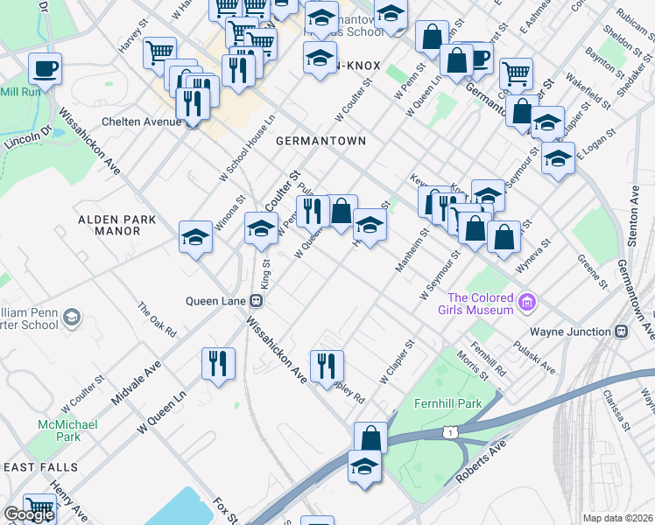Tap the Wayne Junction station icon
tap(623, 332)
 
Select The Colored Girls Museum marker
tap(527, 304)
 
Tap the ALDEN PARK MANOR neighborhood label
tap(108, 225)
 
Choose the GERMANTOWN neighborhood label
tap(320, 140)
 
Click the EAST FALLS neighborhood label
tap(40, 467)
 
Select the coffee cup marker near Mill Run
tap(45, 67)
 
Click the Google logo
tap(29, 514)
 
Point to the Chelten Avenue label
tap(140, 122)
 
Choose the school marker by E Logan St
tap(557, 157)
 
